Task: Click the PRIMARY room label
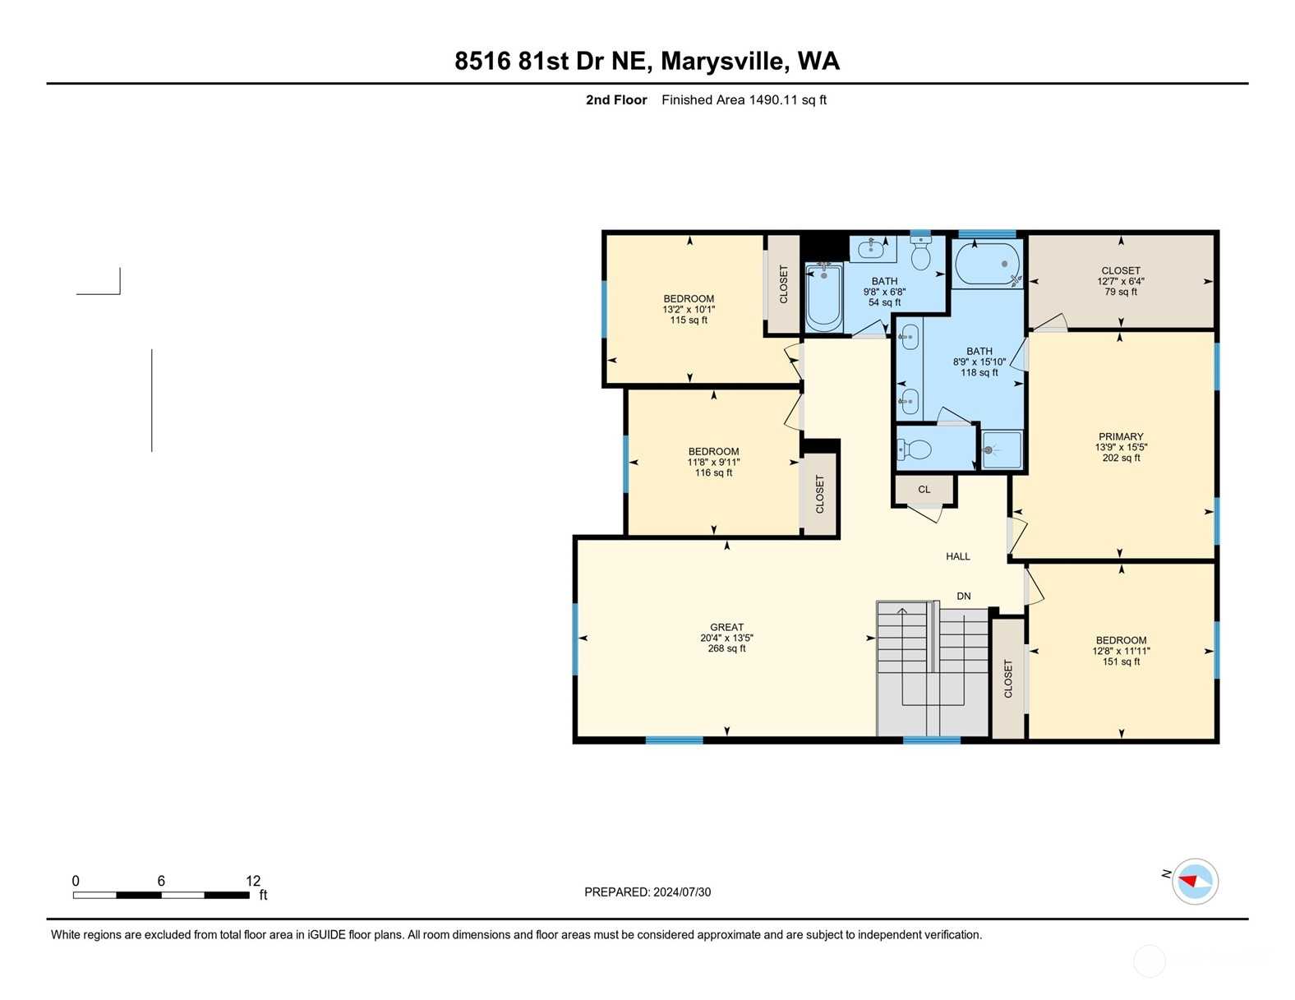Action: pos(1120,436)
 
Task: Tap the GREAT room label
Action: pos(726,627)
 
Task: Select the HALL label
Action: pos(958,556)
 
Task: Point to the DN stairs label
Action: pos(964,596)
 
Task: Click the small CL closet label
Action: pos(924,489)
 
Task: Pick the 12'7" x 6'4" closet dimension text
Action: pos(1120,281)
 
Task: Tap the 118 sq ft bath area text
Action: pos(979,372)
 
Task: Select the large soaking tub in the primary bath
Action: pos(986,264)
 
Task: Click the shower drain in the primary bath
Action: pos(988,450)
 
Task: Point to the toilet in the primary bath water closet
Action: pos(915,449)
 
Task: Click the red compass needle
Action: pos(1187,881)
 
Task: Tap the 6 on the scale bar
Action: pos(161,881)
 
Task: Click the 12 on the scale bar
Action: pos(253,881)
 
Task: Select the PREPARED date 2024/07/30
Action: pos(682,892)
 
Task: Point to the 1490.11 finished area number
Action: pos(773,100)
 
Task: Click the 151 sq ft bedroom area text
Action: pos(1121,661)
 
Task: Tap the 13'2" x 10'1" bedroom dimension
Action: pos(689,309)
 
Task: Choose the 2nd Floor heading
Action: pos(616,100)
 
